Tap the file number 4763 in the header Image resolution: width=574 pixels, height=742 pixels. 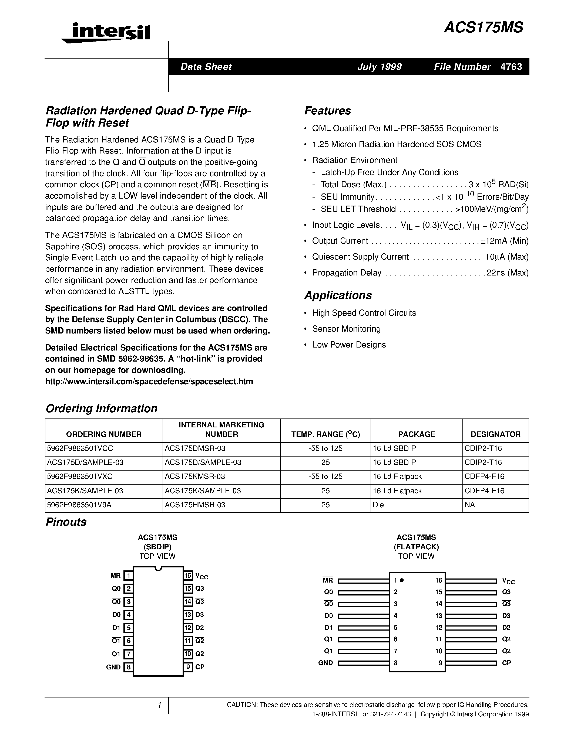click(x=511, y=67)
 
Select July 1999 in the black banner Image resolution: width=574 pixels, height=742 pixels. click(x=379, y=67)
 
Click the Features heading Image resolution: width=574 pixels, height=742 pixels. click(x=327, y=111)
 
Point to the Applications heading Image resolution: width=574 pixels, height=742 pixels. click(x=338, y=295)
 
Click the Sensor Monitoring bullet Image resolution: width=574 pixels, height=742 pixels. click(x=346, y=329)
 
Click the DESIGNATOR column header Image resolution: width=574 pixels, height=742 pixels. click(x=495, y=434)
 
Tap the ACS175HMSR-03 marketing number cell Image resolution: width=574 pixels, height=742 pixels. click(x=195, y=505)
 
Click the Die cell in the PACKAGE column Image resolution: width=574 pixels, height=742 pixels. click(x=378, y=505)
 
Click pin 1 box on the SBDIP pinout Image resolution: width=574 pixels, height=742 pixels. click(x=128, y=576)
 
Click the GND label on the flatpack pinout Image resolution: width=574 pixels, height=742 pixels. click(x=325, y=662)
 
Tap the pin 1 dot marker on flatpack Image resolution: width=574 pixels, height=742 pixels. click(x=402, y=580)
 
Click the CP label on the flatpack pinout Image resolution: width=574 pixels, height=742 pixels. click(x=506, y=662)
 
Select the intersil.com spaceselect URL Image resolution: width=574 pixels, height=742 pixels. click(x=149, y=381)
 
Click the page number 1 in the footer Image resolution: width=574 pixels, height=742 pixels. click(x=159, y=705)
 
